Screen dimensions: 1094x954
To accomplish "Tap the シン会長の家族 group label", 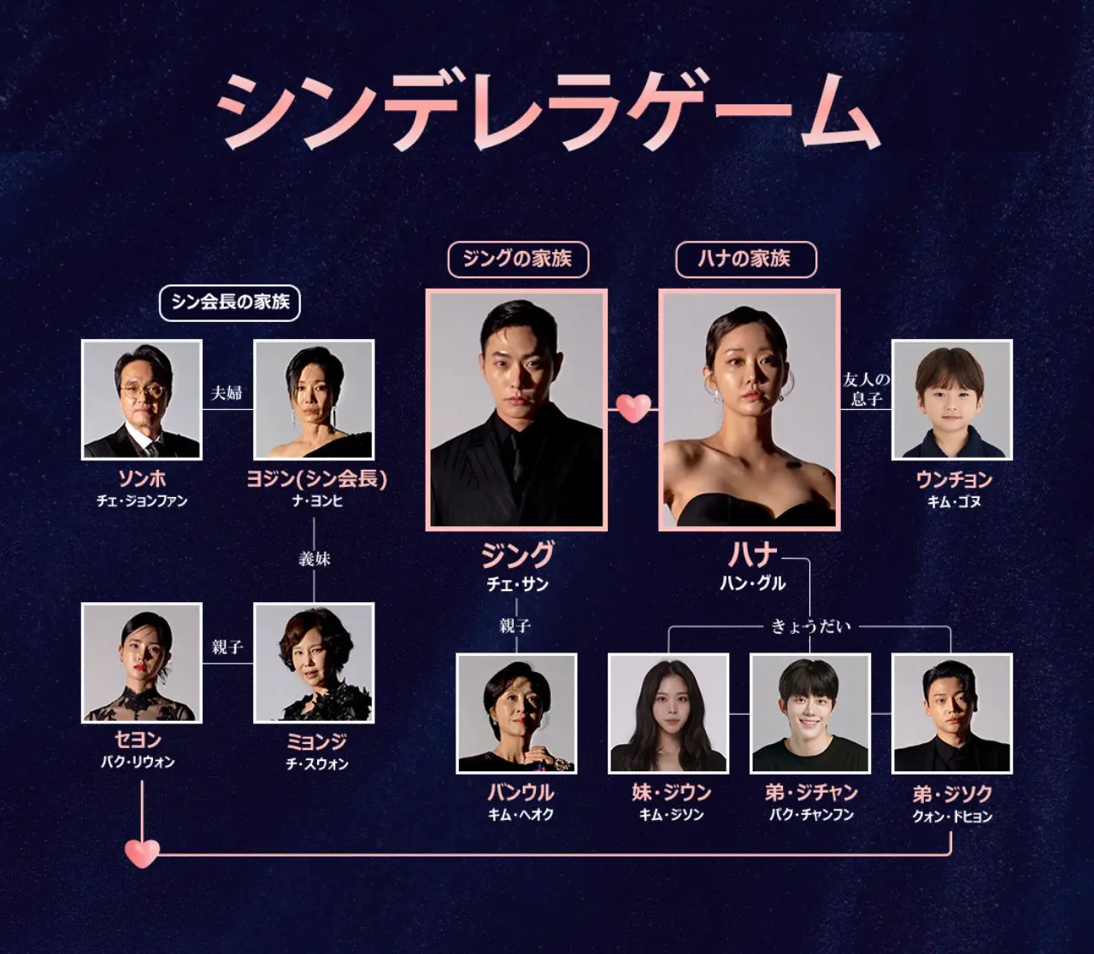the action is [230, 303].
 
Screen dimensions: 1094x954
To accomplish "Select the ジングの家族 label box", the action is [518, 260].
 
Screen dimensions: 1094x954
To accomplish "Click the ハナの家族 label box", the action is [746, 260].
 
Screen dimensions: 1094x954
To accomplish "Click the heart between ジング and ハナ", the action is [633, 408].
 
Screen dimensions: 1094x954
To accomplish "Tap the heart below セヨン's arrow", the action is [142, 852].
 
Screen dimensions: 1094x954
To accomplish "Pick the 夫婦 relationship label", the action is [226, 393].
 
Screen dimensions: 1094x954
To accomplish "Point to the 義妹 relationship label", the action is [315, 559].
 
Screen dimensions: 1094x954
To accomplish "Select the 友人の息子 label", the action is [866, 389].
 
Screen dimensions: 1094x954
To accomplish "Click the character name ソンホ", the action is [142, 478].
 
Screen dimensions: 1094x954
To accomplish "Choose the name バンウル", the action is [521, 792].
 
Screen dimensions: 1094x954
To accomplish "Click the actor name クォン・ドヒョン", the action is [952, 816].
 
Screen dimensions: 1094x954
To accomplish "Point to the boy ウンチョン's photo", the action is [952, 400].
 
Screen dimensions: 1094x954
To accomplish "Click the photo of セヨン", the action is [142, 663].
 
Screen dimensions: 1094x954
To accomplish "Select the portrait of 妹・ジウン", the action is [668, 713].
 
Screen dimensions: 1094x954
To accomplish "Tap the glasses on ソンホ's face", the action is [141, 391].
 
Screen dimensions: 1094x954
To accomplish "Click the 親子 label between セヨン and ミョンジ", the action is [227, 647].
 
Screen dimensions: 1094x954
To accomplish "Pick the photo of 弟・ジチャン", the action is [810, 713].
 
